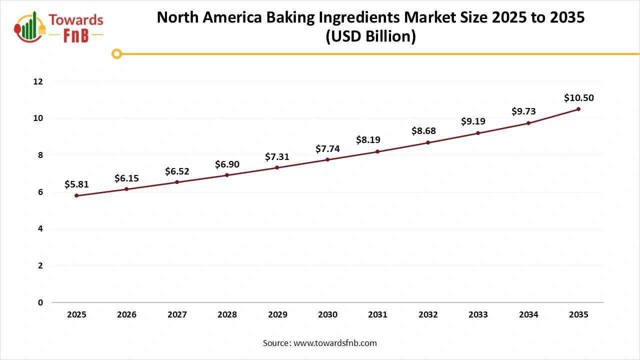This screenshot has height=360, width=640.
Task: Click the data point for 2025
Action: coord(76,195)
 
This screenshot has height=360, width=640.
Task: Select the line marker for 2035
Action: coord(578,109)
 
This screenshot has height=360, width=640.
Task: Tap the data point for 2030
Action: coord(327,159)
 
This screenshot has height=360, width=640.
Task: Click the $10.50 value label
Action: coord(578,98)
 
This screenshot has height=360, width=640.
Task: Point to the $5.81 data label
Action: coord(76,184)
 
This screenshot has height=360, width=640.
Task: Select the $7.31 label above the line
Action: coord(277,156)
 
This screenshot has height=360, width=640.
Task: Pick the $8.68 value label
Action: coord(423,131)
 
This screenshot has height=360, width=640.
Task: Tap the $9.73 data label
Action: coord(523,112)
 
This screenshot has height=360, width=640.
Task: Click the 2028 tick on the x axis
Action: coord(227,315)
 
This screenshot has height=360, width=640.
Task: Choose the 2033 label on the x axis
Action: coord(478,315)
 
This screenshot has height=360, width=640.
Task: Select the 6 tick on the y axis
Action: coord(40,192)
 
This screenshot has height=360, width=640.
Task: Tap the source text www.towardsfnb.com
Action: coord(335,343)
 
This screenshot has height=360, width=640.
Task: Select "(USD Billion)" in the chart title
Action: coord(370,37)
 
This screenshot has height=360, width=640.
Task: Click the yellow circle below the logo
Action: coord(116,53)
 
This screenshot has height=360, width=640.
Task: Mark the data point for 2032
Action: coord(428,142)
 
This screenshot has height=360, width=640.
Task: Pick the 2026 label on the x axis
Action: coord(126,315)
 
